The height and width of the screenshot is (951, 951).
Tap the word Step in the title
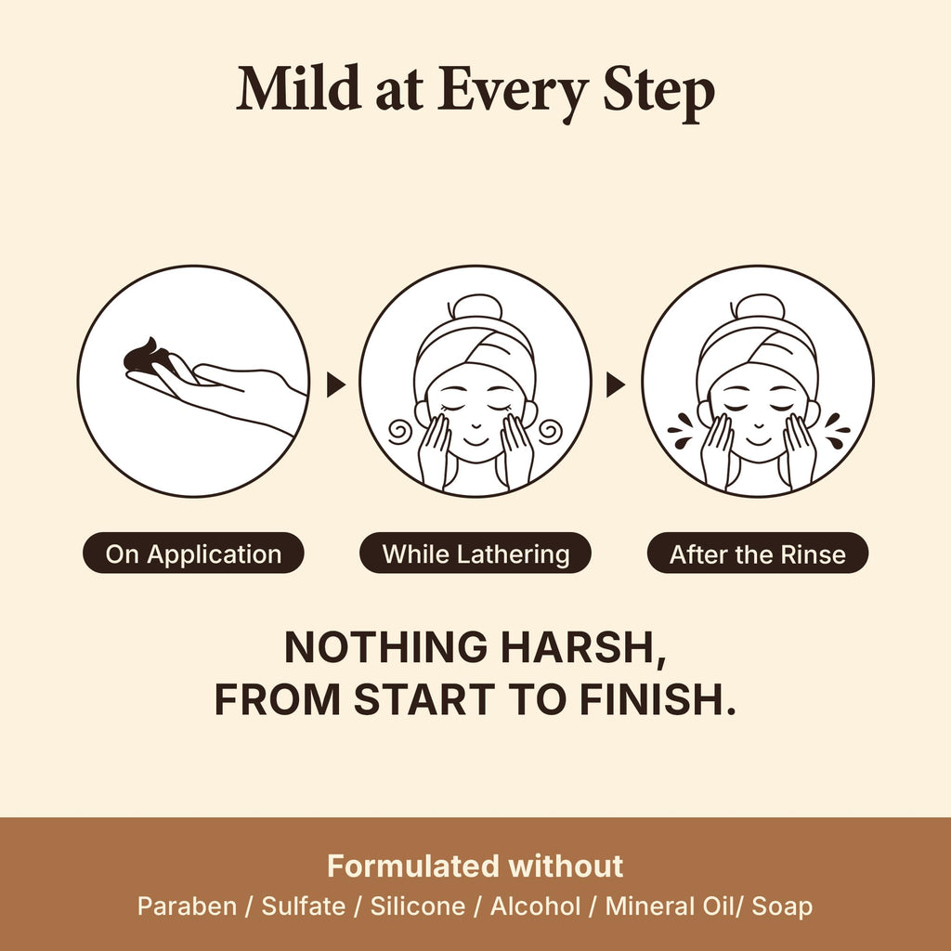coord(658,93)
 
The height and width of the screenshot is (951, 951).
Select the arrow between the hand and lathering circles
coord(335,384)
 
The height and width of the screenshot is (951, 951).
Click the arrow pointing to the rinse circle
coord(616,384)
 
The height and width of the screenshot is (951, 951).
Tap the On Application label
coord(193,554)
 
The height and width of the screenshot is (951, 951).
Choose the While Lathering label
coord(475,554)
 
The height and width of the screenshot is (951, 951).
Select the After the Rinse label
coord(758,554)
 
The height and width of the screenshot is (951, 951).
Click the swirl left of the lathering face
coord(400,432)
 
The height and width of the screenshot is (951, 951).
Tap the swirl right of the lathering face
coord(550,432)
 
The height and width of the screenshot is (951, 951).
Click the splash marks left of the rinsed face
coord(682,431)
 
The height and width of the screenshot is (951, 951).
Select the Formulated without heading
coord(475,866)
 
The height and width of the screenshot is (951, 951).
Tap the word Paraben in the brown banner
coord(187,906)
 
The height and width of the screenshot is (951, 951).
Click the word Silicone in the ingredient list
coord(418,906)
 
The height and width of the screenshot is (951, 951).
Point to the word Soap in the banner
coord(782,907)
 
